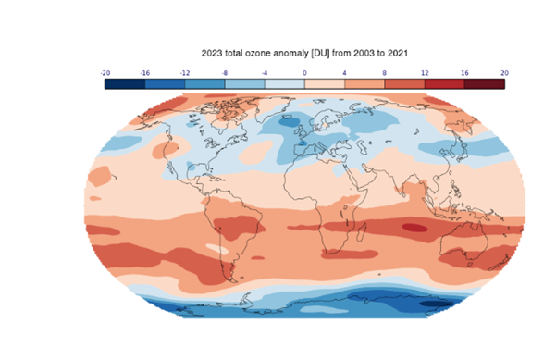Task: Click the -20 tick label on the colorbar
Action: [105, 71]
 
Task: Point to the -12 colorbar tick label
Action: [185, 71]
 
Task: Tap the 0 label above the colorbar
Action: [304, 71]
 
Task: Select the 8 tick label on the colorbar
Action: [384, 71]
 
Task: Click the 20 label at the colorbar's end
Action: [503, 71]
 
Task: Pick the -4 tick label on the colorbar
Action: [265, 71]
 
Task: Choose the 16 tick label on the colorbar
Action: [463, 71]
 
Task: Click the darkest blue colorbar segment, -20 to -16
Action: [125, 83]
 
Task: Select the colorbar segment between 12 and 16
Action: [444, 83]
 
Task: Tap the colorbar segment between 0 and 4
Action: [325, 83]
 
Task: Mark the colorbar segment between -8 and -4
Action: [244, 83]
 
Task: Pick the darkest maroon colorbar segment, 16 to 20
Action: [484, 83]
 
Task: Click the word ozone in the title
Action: [263, 54]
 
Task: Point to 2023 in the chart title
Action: [212, 54]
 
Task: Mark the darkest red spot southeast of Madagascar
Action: [413, 226]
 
